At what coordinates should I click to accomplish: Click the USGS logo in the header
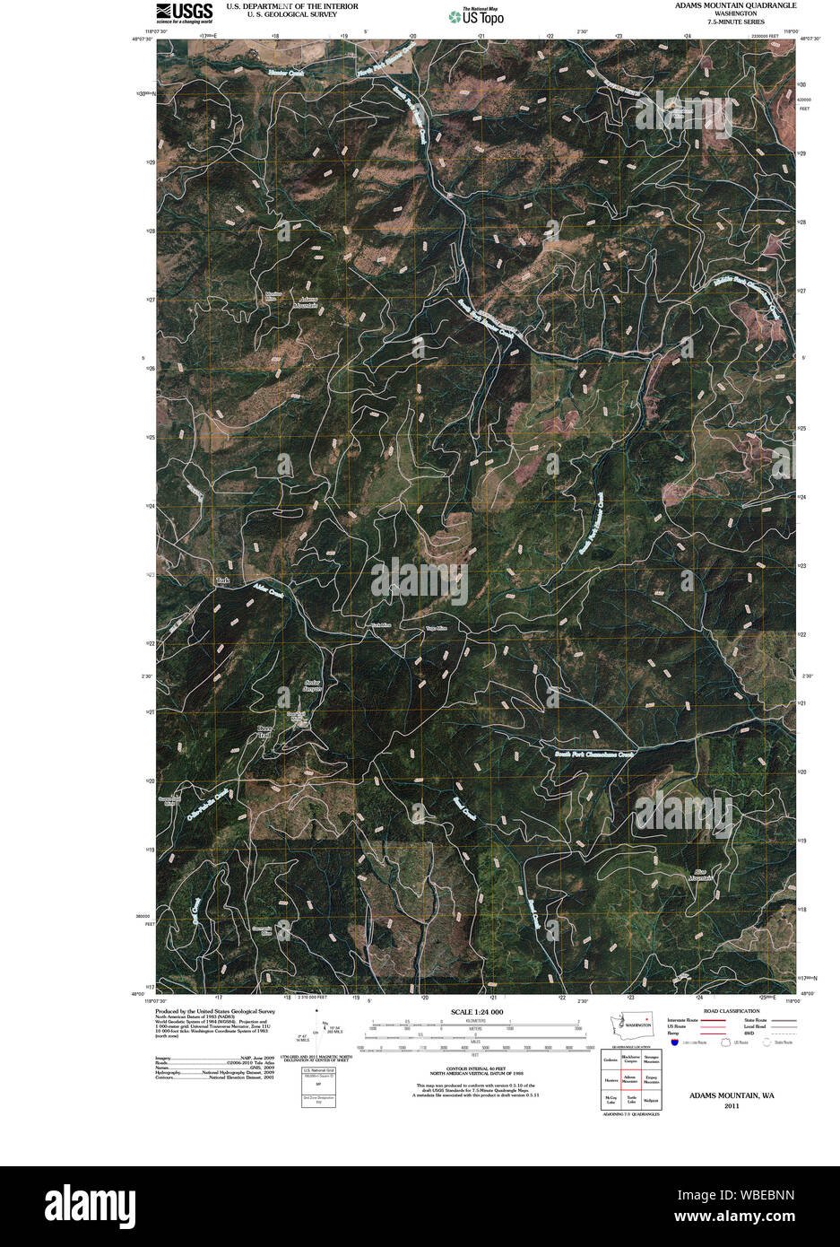(185, 12)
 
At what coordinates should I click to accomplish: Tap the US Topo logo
(477, 15)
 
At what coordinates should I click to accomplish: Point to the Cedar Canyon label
(313, 686)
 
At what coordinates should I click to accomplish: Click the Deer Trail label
(264, 732)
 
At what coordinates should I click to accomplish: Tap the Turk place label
(223, 581)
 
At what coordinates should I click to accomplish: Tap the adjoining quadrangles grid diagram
(631, 1079)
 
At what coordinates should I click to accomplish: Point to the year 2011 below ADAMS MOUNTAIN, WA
(731, 1105)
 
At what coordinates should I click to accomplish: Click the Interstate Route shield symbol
(673, 1042)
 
